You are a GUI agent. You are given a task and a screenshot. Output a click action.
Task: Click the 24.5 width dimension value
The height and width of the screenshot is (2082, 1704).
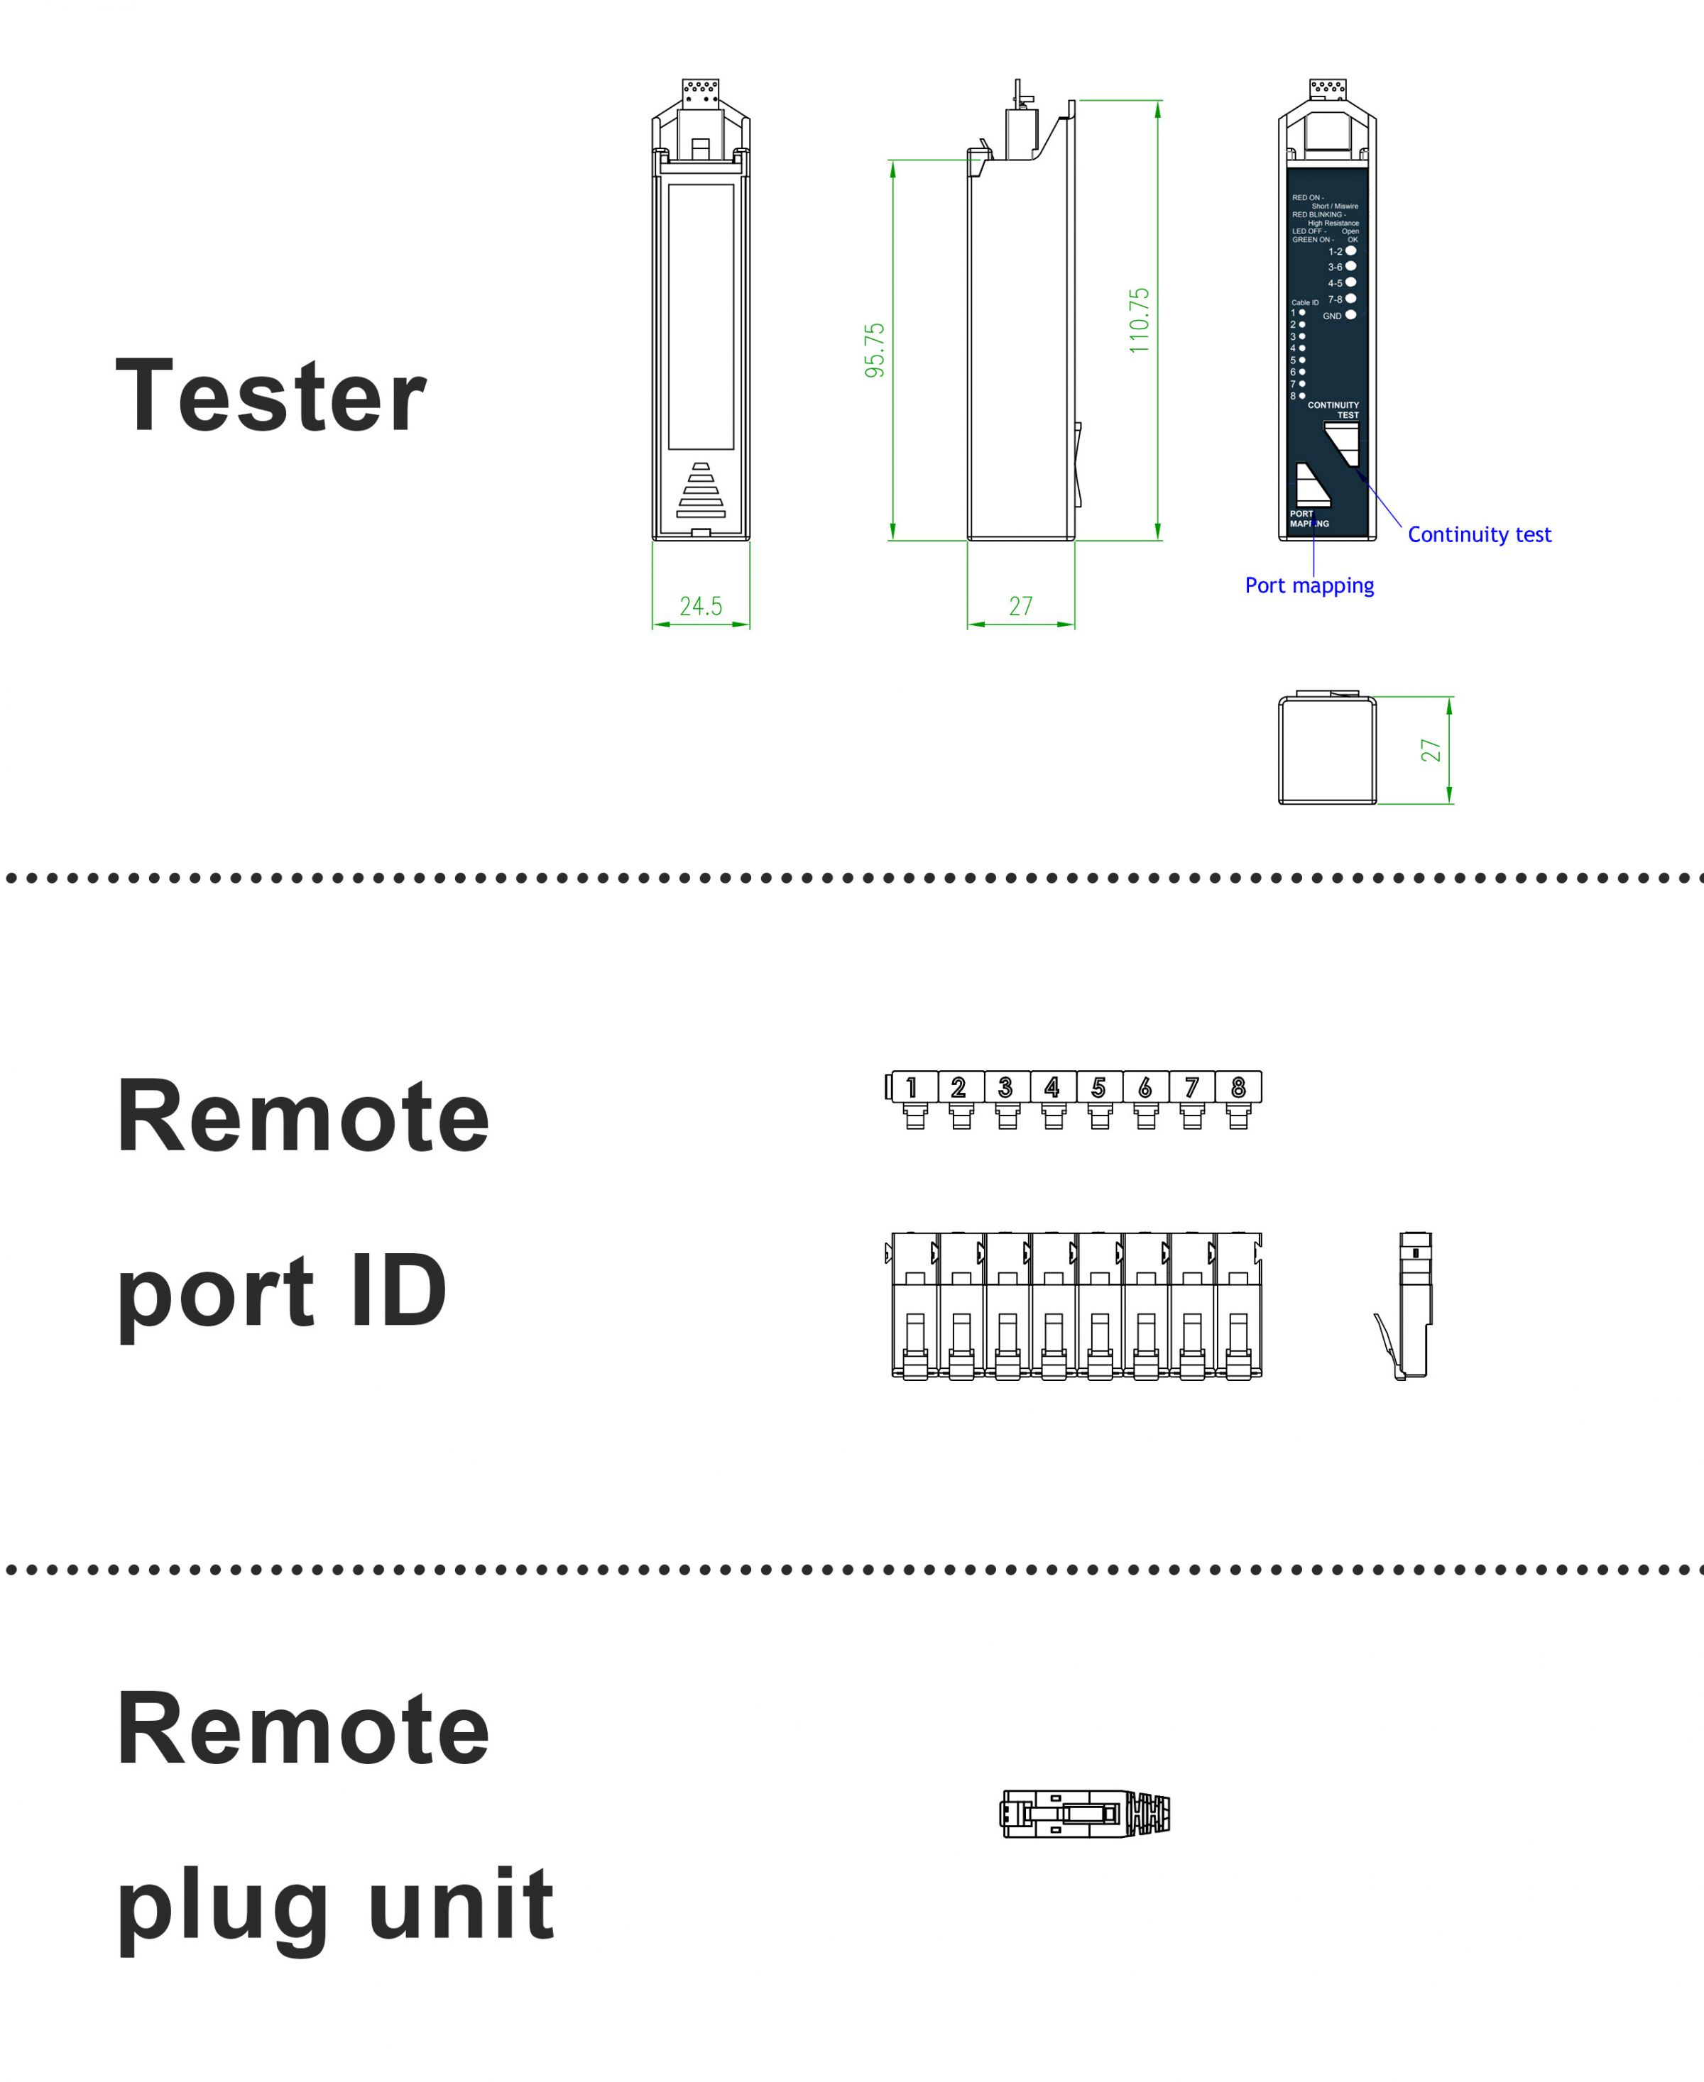click(701, 606)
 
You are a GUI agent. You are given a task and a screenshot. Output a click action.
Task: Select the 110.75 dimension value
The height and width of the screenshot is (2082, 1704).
click(1139, 321)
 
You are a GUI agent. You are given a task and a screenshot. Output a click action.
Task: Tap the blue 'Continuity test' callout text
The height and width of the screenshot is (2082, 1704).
click(1479, 535)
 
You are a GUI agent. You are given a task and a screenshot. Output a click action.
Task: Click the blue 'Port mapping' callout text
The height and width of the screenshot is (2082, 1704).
click(1309, 585)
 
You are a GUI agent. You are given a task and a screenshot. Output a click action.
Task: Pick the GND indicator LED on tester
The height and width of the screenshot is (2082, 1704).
click(1350, 315)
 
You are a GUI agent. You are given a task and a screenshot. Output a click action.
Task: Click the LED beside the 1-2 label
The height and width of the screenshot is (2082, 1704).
click(1350, 251)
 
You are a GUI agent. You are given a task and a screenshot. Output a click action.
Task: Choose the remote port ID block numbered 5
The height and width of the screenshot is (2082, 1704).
click(1099, 1087)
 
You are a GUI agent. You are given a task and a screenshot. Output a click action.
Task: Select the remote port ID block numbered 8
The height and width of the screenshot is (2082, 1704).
click(1239, 1087)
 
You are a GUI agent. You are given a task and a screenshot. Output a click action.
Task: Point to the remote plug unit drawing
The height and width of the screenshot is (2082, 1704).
click(1086, 1814)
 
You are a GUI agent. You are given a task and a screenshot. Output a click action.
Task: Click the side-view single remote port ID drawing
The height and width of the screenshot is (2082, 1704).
click(1409, 1306)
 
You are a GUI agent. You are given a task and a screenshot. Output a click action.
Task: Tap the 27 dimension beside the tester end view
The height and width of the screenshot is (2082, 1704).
click(1431, 751)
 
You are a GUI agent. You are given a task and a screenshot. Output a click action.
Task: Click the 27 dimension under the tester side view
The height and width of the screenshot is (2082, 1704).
click(1021, 606)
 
